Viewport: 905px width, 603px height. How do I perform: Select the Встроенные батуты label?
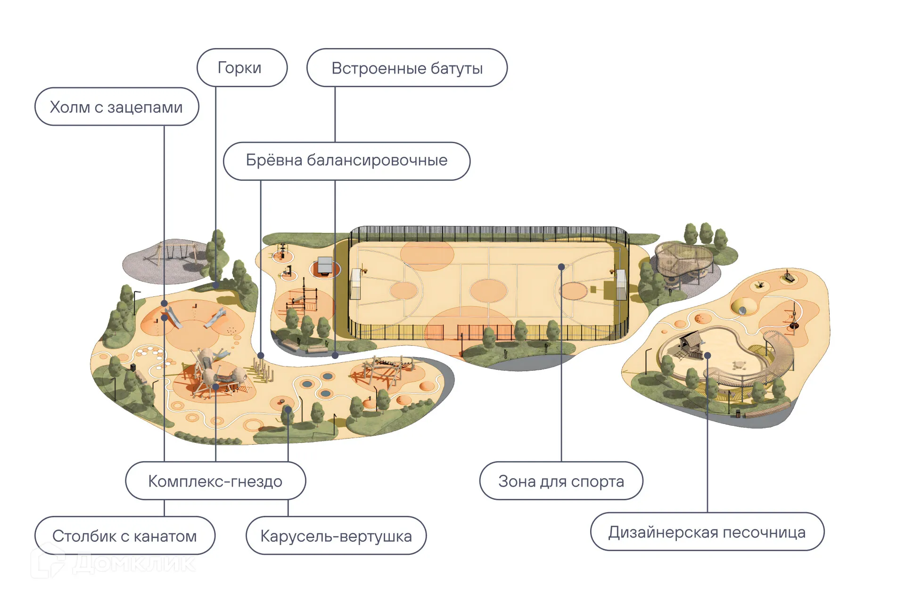click(x=407, y=68)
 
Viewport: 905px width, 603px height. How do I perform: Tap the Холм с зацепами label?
click(x=116, y=107)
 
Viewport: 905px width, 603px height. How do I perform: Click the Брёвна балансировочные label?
click(x=346, y=161)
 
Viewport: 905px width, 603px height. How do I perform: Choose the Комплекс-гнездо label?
click(x=215, y=481)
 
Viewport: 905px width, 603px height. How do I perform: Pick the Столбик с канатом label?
click(x=124, y=536)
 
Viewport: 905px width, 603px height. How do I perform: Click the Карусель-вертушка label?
click(x=336, y=536)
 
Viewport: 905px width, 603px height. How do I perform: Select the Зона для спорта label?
click(x=561, y=481)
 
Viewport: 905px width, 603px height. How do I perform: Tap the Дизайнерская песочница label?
click(x=707, y=532)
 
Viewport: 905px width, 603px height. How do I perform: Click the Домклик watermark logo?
click(x=113, y=563)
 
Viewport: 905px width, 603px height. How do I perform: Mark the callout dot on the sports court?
click(x=561, y=267)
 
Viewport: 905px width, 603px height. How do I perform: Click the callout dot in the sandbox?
click(x=707, y=356)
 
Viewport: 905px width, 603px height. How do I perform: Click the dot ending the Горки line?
click(x=215, y=285)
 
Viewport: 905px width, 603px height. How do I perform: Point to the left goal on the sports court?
click(x=355, y=284)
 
